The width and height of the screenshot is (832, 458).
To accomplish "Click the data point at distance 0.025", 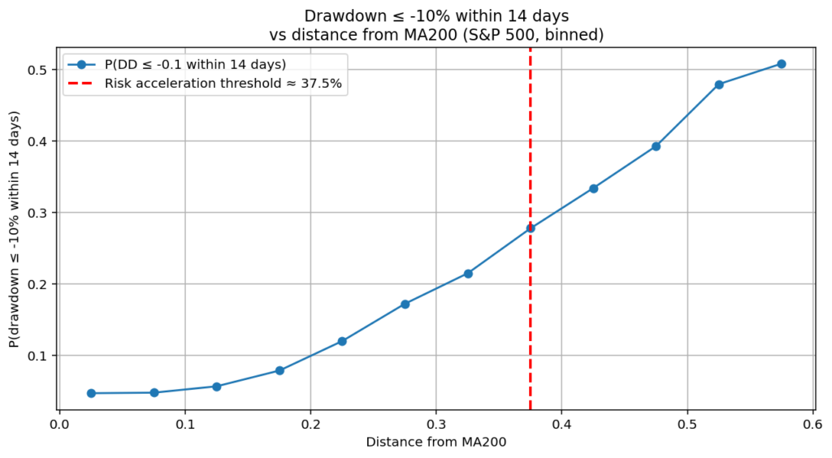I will [91, 393].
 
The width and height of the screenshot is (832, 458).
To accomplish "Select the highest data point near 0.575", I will [781, 63].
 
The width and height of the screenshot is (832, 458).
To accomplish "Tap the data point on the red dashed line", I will [531, 228].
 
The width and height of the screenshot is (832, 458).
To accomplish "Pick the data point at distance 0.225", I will [342, 341].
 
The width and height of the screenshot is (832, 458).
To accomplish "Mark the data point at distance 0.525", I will [718, 84].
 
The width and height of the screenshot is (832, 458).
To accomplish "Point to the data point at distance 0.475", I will [656, 146].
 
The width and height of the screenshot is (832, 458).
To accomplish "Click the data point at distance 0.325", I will [468, 274].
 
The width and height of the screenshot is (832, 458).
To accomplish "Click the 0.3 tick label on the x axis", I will [436, 424].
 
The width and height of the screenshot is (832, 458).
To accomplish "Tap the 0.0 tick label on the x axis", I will [59, 424].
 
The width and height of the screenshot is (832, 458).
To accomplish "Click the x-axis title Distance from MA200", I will [435, 443].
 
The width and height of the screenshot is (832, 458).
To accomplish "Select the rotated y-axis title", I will [15, 229].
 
